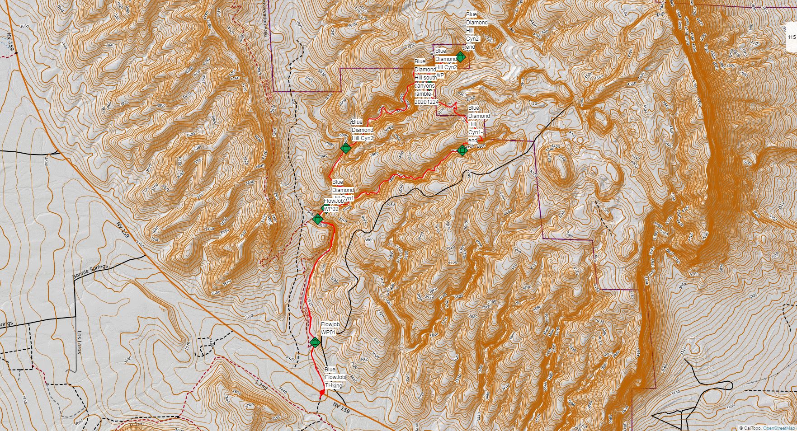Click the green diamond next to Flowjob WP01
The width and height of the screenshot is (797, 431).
[316, 342]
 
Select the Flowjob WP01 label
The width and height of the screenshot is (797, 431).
[330, 328]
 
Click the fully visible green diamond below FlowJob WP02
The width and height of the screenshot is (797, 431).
[318, 219]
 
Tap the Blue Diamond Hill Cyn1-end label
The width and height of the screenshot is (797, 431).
[478, 124]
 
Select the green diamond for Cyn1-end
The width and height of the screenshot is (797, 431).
[462, 150]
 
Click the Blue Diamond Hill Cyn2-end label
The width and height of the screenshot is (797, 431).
[476, 31]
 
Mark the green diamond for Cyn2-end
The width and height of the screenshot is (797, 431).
[460, 57]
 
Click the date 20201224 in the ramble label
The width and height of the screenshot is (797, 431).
[426, 102]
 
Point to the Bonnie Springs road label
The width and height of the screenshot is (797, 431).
[90, 272]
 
